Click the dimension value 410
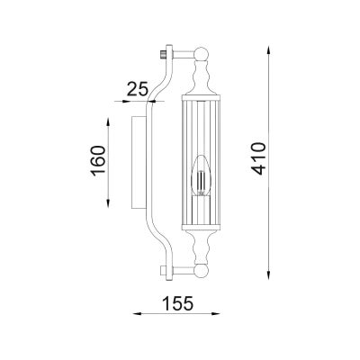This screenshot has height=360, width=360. click(x=258, y=158)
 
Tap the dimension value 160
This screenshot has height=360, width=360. click(x=99, y=160)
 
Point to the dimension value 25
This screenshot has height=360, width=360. click(x=138, y=89)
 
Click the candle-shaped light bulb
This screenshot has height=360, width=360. click(x=201, y=175)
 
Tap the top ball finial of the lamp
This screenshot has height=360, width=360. click(x=201, y=54)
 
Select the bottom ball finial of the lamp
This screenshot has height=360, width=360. click(x=201, y=271)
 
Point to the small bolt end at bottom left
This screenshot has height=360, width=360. click(x=164, y=271)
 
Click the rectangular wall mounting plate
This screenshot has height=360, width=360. click(x=139, y=162)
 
